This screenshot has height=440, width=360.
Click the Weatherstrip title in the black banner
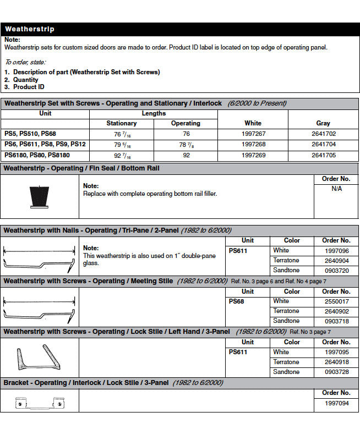(x=30, y=29)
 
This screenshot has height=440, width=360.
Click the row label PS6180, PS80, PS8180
(x=34, y=155)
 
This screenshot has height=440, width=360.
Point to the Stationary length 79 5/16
(x=121, y=145)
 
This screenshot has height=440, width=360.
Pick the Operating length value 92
(x=186, y=155)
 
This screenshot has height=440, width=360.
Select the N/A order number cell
(x=336, y=189)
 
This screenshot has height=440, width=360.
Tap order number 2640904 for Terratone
(x=336, y=260)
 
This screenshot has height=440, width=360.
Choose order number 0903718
(x=336, y=321)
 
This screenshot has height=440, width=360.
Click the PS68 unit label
(x=237, y=301)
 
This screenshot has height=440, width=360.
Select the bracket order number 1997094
(x=336, y=403)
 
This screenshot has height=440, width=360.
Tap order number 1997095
(x=336, y=352)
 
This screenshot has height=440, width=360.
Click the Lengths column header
(x=154, y=113)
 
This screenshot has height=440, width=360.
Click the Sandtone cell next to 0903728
(x=286, y=372)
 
